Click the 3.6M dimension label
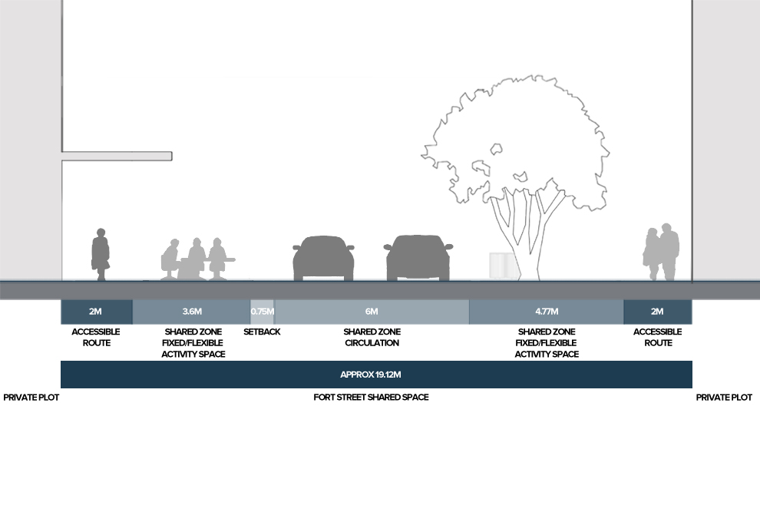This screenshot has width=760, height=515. coord(192,312)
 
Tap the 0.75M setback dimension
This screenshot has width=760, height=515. coord(263,312)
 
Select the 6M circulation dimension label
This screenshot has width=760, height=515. coord(372,312)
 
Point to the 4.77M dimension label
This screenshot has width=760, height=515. coord(546,312)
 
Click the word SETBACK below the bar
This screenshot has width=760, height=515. coord(262,332)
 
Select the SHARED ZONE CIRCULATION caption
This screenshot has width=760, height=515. coord(372,337)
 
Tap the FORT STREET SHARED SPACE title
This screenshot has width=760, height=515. coord(371,398)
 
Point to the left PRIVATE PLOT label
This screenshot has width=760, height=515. coord(31,398)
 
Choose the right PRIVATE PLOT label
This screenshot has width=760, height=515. coord(723,398)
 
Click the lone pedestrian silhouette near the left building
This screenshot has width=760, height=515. coord(100,254)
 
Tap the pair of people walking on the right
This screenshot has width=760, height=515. coord(662,253)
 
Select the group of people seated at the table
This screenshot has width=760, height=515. coord(197,259)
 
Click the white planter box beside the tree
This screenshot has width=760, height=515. coord(501,265)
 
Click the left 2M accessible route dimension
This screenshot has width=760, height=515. coord(96,312)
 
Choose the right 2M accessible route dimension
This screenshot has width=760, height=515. coord(657,312)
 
